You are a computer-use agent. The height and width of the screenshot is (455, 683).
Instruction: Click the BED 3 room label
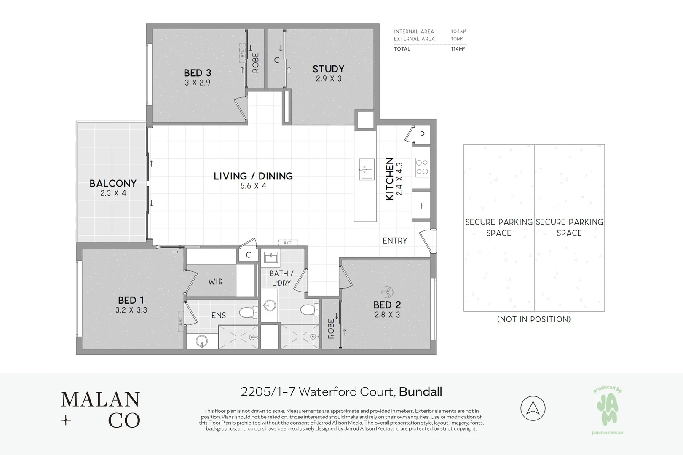pos(197,73)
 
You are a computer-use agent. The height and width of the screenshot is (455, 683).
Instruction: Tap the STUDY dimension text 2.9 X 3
pos(329,79)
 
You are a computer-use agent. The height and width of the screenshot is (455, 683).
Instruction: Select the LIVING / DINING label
pos(253,176)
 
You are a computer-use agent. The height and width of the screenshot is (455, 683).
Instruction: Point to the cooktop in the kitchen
pos(422,167)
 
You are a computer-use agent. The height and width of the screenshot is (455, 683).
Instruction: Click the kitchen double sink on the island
pos(367,169)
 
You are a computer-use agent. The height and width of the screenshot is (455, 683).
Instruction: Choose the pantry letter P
pos(422,134)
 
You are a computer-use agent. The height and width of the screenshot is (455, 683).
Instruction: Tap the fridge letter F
pos(422,206)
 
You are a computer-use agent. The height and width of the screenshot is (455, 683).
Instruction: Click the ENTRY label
pos(395,241)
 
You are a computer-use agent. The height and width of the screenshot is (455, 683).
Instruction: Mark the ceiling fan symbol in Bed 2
pos(387,292)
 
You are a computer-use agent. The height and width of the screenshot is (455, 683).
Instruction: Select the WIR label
pos(216,282)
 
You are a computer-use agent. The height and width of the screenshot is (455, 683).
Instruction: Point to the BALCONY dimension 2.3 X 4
pos(113,193)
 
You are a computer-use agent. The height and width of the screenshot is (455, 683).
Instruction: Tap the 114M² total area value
pos(458,49)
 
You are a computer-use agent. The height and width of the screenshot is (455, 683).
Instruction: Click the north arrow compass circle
pos(533,408)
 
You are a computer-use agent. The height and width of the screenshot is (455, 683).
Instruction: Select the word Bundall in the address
pos(421,392)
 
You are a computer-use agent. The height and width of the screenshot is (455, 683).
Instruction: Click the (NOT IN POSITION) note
pos(534,319)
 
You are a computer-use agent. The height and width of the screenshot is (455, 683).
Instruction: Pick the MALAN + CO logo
pos(100,409)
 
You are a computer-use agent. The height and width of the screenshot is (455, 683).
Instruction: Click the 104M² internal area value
pos(458,32)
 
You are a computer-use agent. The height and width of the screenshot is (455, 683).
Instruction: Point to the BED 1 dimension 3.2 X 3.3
pos(131,310)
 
